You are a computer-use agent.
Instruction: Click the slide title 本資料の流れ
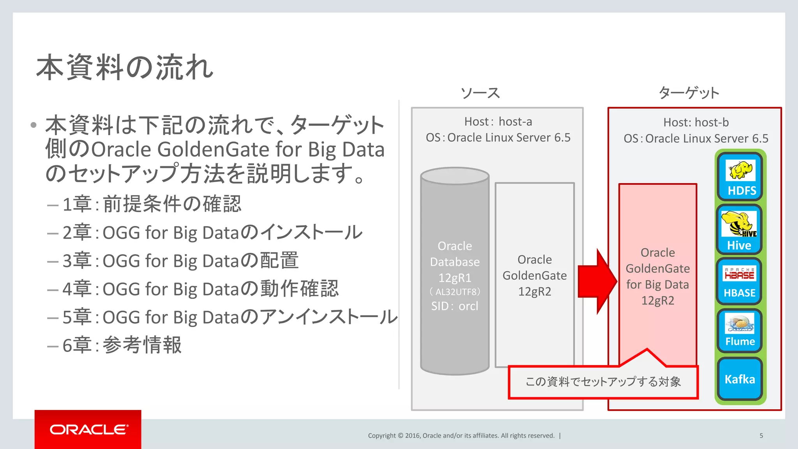[x=125, y=68]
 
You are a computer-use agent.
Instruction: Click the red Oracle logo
[x=88, y=429]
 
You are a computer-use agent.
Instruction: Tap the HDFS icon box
[x=740, y=176]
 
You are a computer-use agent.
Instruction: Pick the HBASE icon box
[x=739, y=281]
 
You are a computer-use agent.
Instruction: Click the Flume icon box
[x=740, y=331]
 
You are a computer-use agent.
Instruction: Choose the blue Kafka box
[x=740, y=379]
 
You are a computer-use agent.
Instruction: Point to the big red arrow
[x=597, y=281]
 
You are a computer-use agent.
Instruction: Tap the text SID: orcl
[x=455, y=306]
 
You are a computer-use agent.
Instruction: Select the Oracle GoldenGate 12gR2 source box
[x=535, y=275]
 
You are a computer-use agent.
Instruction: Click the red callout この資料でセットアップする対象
[x=603, y=382]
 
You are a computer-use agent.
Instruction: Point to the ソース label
[x=480, y=93]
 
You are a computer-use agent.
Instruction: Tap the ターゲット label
[x=689, y=93]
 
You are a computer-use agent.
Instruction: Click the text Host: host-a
[x=498, y=122]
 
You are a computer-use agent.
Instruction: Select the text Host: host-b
[x=696, y=122]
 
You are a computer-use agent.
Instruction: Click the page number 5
[x=761, y=435]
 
